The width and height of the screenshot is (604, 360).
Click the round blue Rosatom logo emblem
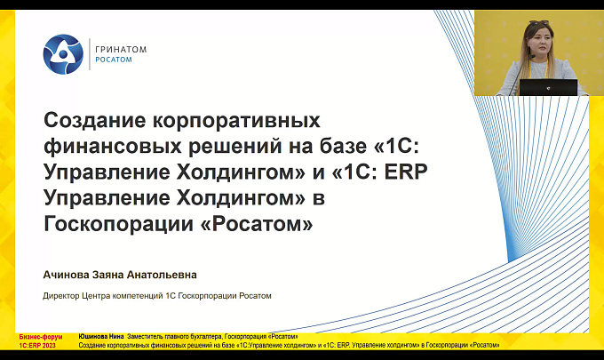pyautogui.click(x=63, y=54)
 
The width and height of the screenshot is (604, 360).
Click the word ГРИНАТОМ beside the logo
pyautogui.click(x=121, y=50)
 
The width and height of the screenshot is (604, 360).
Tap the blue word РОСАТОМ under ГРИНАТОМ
pyautogui.click(x=114, y=60)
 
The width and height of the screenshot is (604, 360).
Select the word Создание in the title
pyautogui.click(x=95, y=120)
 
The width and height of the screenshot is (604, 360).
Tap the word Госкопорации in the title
pyautogui.click(x=118, y=224)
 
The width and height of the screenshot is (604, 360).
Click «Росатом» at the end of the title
pyautogui.click(x=257, y=224)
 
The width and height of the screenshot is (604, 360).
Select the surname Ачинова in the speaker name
pyautogui.click(x=66, y=275)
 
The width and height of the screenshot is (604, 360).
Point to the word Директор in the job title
pyautogui.click(x=61, y=296)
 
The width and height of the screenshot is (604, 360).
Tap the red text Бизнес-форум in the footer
pyautogui.click(x=41, y=337)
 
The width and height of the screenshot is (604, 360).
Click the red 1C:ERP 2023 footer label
pyautogui.click(x=37, y=346)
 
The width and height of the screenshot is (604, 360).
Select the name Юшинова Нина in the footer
pyautogui.click(x=101, y=337)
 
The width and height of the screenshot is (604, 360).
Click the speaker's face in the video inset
pyautogui.click(x=540, y=41)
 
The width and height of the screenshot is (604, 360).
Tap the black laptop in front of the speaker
pyautogui.click(x=549, y=87)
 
